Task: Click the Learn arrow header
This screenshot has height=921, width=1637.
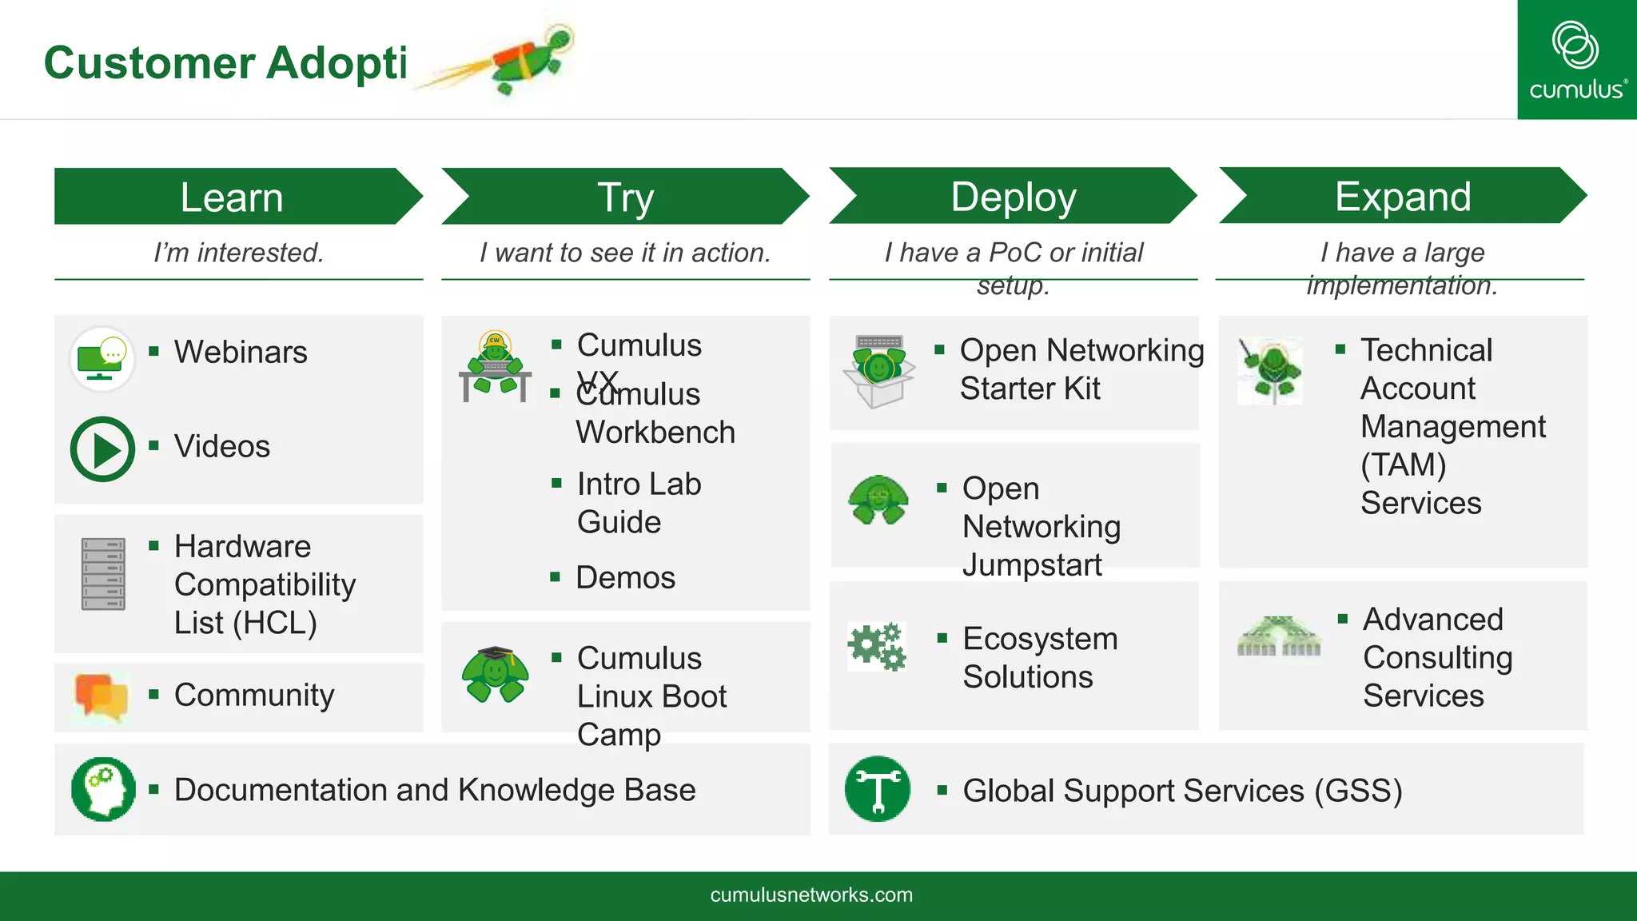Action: [x=232, y=197]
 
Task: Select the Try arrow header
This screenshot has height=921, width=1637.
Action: [x=625, y=197]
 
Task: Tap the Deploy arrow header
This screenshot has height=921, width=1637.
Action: [x=1013, y=197]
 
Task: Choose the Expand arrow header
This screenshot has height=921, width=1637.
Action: [x=1402, y=197]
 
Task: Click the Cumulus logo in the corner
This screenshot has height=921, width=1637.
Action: [x=1576, y=60]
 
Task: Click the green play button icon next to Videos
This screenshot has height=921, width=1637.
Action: [x=103, y=449]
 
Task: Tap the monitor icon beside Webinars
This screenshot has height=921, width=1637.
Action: [x=102, y=359]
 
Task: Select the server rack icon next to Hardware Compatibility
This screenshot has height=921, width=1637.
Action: [x=103, y=574]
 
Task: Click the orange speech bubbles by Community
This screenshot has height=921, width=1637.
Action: [x=101, y=696]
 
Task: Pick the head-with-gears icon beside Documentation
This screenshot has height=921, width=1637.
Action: [x=103, y=789]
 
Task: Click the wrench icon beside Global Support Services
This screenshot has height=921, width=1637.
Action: [x=878, y=789]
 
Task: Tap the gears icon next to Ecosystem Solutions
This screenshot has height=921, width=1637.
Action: [x=877, y=646]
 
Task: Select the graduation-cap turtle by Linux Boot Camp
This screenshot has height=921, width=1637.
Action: [x=495, y=674]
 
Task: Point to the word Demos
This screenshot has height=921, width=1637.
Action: [x=625, y=577]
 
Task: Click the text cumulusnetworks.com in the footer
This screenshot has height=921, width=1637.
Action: [x=811, y=895]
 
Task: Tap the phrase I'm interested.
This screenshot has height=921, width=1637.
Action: [x=238, y=253]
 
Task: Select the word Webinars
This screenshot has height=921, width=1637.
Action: [x=241, y=352]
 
